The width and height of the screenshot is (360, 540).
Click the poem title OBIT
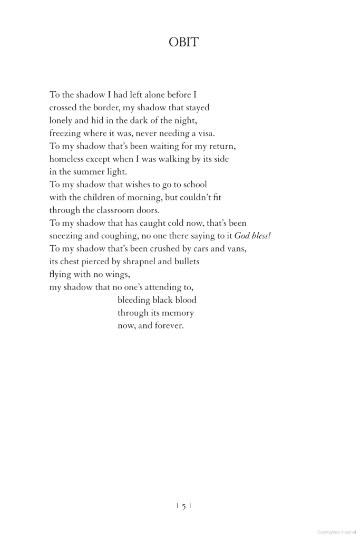click(x=183, y=42)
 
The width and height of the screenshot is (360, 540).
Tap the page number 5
click(x=183, y=506)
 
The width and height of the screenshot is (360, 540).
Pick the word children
click(x=103, y=197)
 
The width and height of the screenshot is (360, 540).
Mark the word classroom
click(x=120, y=210)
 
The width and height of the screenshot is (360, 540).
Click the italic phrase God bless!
click(x=252, y=236)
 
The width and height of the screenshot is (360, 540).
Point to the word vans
click(x=236, y=248)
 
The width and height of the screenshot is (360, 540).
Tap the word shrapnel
click(x=145, y=261)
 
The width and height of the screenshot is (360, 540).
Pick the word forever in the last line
click(x=168, y=326)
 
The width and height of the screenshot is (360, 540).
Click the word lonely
click(x=62, y=120)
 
